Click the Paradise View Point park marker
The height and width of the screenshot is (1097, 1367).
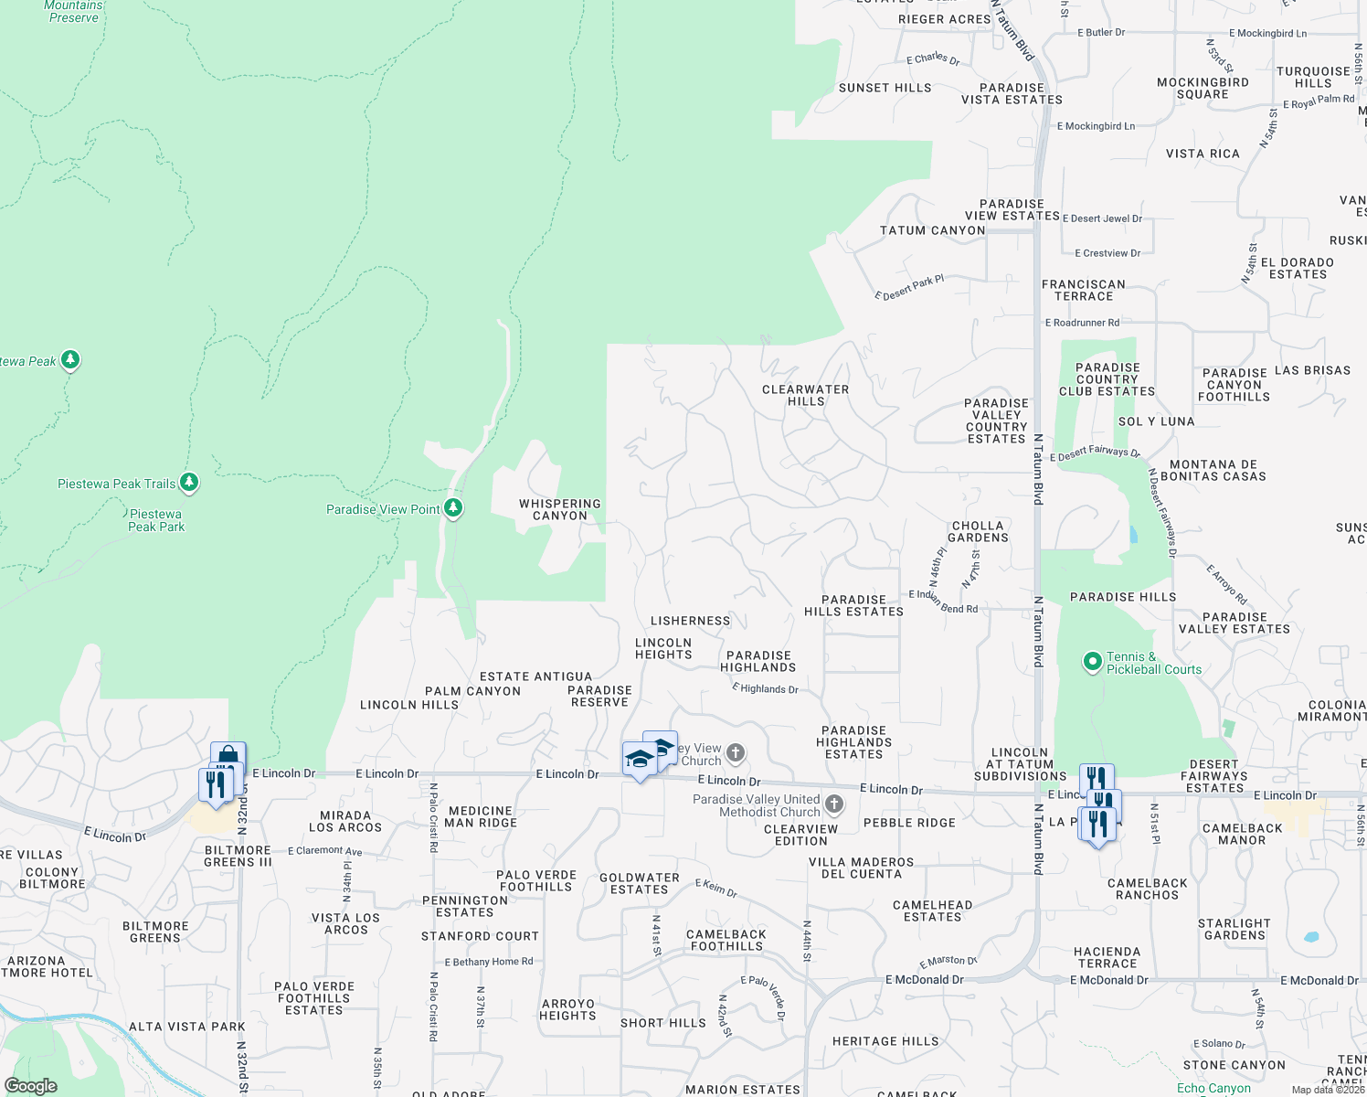click(453, 508)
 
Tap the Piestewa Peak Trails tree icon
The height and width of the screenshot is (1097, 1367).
click(189, 482)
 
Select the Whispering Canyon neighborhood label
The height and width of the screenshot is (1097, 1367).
click(560, 510)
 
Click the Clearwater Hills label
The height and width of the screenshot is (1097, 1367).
click(805, 395)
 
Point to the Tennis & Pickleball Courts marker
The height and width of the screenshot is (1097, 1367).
click(1092, 662)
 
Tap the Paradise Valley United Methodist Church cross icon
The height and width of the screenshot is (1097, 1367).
click(833, 804)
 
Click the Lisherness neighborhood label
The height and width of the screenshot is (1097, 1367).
click(690, 621)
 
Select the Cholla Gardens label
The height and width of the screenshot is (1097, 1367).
click(978, 532)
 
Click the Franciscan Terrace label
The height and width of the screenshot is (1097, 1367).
click(1084, 291)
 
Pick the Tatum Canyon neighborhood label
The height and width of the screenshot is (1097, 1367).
click(932, 230)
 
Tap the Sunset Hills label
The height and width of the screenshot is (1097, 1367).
click(885, 88)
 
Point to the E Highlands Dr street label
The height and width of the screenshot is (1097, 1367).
click(765, 688)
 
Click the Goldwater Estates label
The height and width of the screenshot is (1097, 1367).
click(640, 883)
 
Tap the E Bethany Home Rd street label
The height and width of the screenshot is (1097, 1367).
click(489, 962)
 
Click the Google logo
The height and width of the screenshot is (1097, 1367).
click(31, 1086)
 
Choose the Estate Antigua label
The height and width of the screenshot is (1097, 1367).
click(535, 676)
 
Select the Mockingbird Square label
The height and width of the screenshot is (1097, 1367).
click(1203, 88)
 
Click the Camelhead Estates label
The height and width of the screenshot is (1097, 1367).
click(932, 911)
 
